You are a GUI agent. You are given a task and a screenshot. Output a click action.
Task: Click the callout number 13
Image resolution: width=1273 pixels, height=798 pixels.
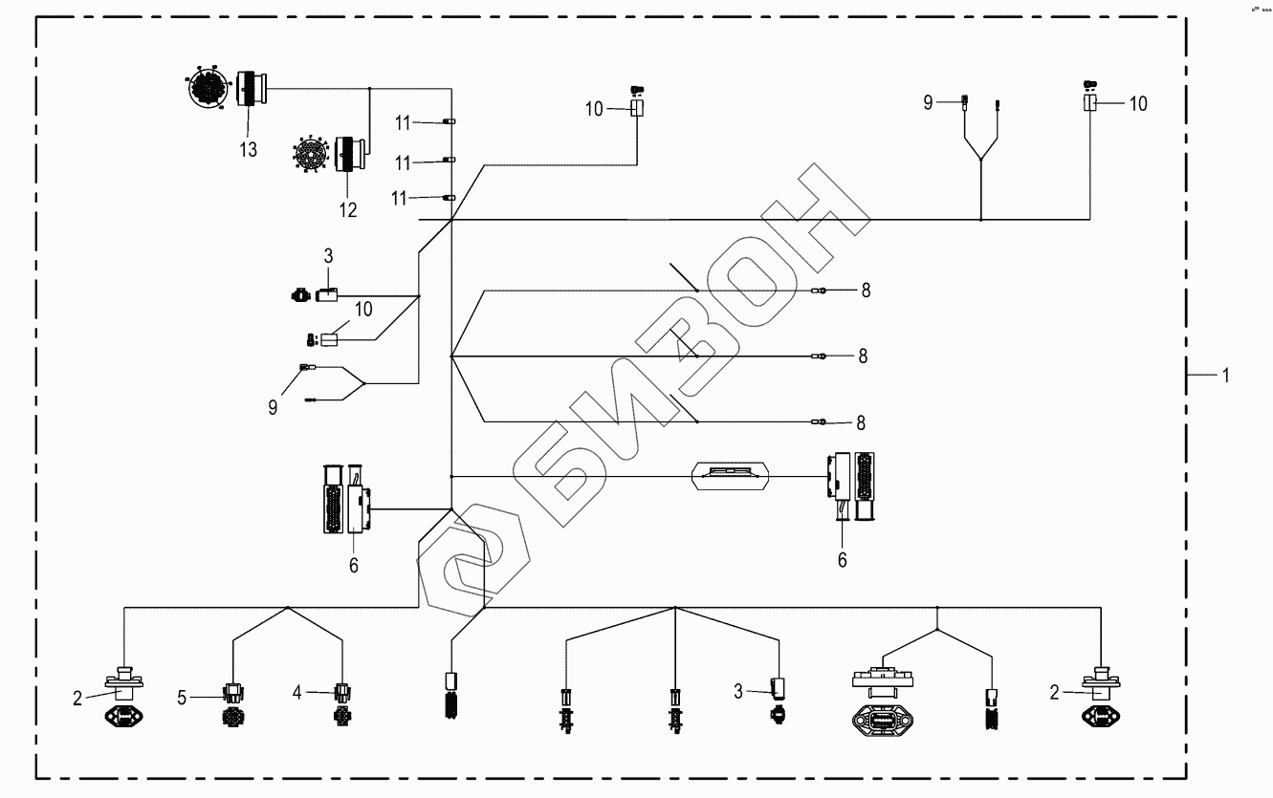[x=249, y=150]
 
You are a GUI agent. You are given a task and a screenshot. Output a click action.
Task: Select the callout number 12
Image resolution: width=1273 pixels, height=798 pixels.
[x=347, y=210]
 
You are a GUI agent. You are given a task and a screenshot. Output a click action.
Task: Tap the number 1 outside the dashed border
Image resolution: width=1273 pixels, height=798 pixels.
[x=1225, y=377]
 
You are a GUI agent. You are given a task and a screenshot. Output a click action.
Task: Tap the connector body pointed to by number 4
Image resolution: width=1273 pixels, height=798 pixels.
[x=342, y=692]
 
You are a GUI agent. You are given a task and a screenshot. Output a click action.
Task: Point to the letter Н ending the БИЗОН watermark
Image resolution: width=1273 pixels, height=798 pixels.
[x=813, y=229]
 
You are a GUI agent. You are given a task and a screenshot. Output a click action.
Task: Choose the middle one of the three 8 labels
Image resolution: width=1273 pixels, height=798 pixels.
[x=863, y=356]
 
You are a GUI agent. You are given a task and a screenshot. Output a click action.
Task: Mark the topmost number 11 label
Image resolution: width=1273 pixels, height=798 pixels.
[x=404, y=122]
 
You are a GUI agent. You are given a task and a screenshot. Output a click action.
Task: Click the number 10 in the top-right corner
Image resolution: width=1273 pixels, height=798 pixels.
[x=1138, y=103]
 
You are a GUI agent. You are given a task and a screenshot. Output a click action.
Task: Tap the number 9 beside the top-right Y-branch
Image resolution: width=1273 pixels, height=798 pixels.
[x=929, y=102]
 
